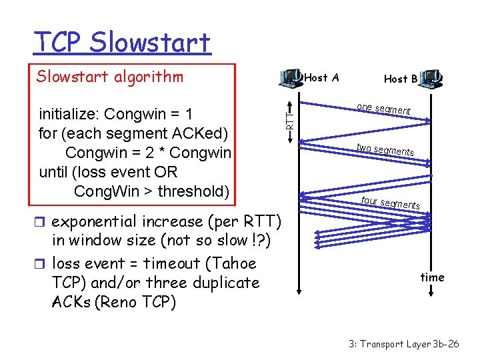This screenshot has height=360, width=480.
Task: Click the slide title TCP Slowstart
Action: [x=122, y=43]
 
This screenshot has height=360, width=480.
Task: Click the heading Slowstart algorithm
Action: [x=110, y=77]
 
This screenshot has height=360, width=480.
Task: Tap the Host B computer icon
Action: [x=433, y=79]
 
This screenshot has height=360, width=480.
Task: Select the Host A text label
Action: [x=321, y=78]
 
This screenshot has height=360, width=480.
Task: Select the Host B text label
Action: [x=401, y=79]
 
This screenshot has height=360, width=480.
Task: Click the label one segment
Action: [x=383, y=109]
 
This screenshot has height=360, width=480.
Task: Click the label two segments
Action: [x=385, y=149]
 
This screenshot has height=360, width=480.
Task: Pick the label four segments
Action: [x=390, y=202]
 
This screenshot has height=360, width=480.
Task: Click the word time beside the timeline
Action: [x=432, y=277]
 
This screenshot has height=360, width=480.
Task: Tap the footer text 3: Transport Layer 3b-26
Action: [x=403, y=344]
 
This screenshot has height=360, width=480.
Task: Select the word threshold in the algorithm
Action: [x=193, y=192]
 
